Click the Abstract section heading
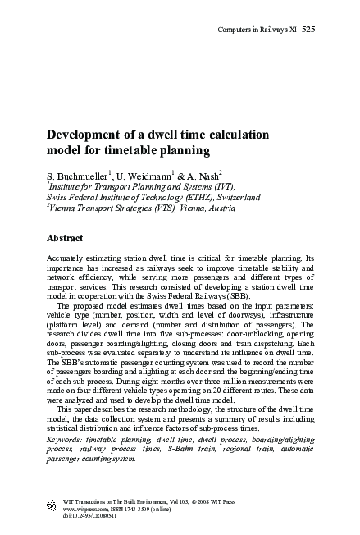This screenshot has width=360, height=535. [65, 239]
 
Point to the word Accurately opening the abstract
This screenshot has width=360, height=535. [68, 258]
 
